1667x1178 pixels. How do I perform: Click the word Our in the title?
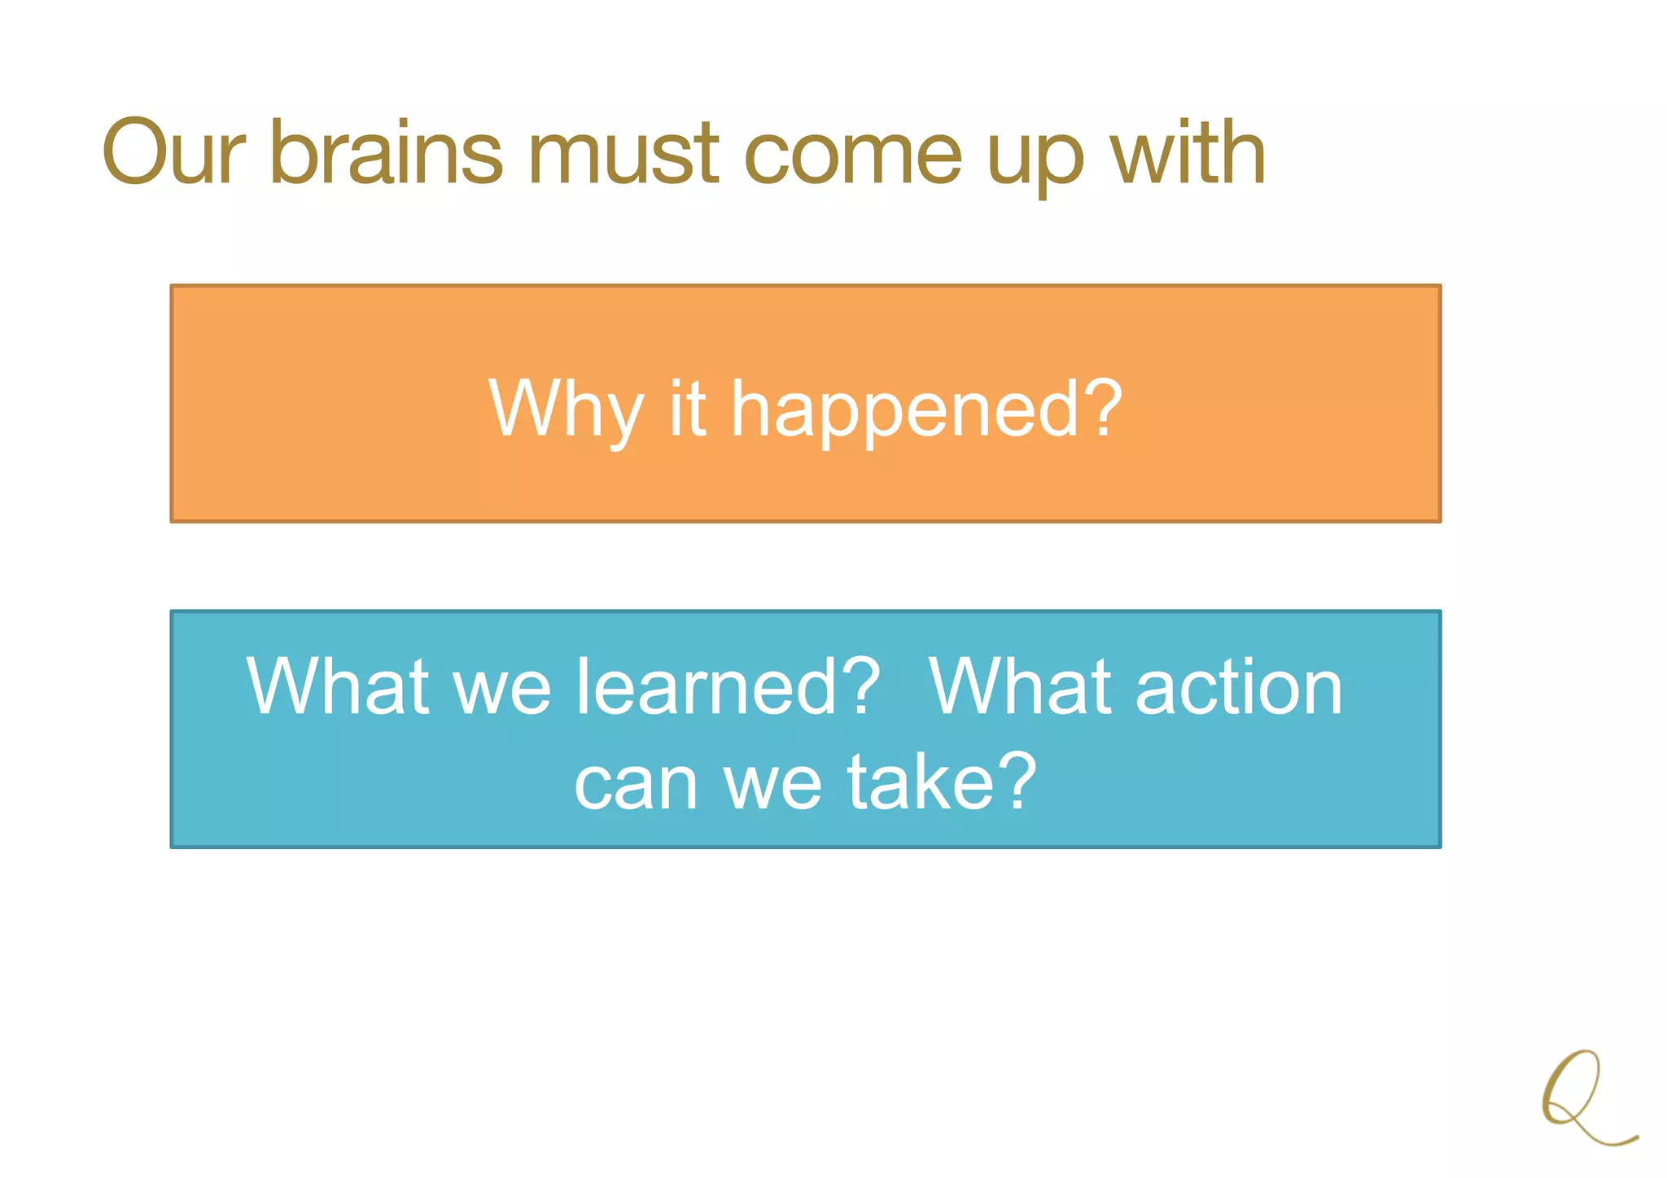pos(173,152)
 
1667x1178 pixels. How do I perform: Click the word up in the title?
pos(1035,159)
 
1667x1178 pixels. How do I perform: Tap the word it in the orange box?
pos(687,409)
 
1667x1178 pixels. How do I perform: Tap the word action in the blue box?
pos(1238,688)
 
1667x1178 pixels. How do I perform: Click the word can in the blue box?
pos(636,783)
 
